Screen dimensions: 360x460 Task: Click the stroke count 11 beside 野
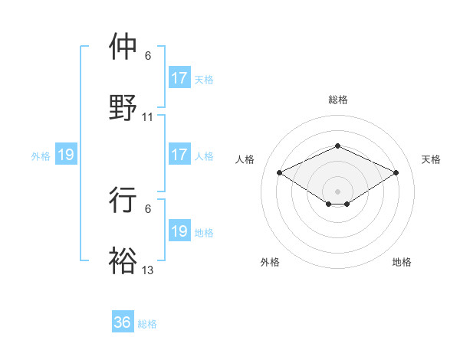coord(148,117)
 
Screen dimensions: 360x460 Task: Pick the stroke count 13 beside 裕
coord(148,270)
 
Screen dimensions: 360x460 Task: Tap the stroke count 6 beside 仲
coord(148,56)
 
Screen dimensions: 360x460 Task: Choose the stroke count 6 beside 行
coord(148,208)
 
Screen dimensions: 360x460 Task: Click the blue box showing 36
coord(123,322)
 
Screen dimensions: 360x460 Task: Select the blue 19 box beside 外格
coord(65,155)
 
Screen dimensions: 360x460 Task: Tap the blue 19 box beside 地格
coord(179,231)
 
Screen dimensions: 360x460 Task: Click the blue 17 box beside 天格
coord(179,78)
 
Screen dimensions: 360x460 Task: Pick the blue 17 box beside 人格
coord(179,155)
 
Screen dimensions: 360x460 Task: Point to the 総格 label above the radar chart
coord(337,100)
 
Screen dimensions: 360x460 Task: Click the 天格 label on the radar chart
coord(431,159)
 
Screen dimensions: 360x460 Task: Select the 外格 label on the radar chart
coord(270,262)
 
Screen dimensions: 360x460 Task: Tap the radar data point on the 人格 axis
coord(280,172)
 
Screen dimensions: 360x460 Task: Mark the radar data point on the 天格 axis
coord(396,172)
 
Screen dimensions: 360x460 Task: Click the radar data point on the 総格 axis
coord(337,146)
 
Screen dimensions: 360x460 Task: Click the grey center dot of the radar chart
coord(337,191)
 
